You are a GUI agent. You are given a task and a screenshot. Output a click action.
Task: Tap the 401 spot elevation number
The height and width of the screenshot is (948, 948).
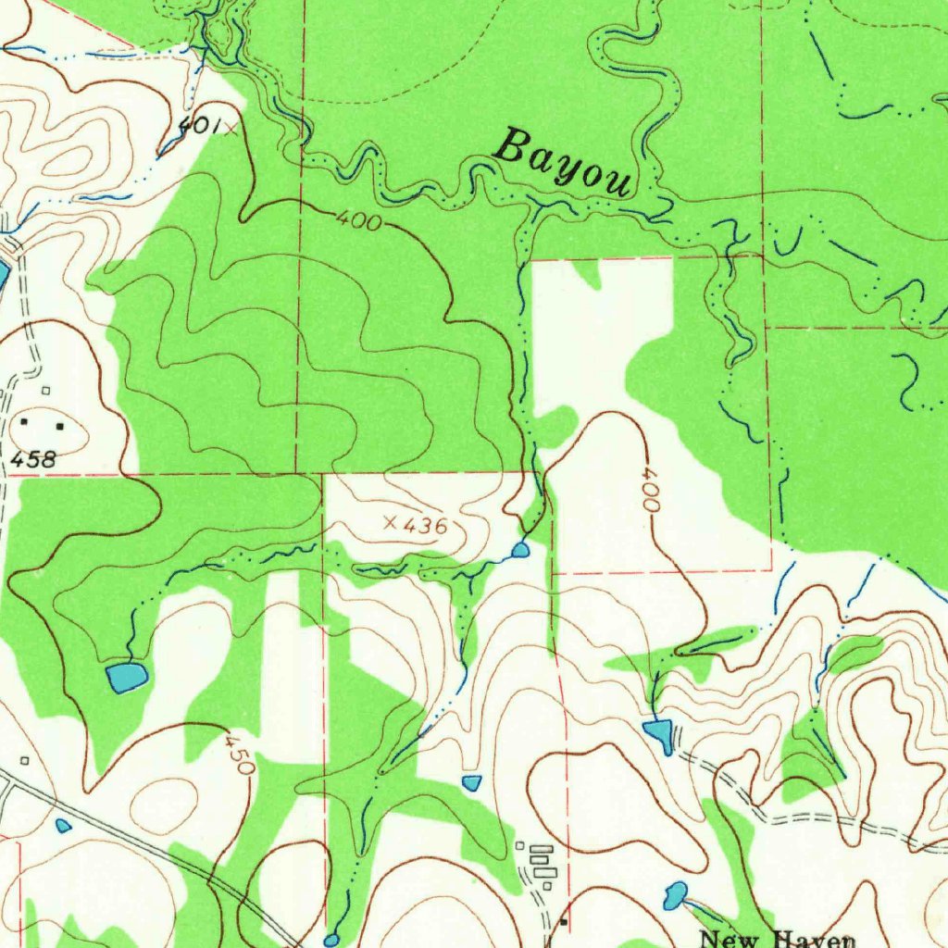(196, 127)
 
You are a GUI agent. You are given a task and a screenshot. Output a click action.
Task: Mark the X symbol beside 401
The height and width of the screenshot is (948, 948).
(229, 129)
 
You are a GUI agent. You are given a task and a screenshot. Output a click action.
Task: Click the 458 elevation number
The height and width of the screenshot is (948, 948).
(34, 458)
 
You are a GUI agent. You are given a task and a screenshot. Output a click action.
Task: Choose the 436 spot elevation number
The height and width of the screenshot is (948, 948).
(426, 527)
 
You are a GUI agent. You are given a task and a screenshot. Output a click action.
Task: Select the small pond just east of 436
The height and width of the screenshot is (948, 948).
(520, 551)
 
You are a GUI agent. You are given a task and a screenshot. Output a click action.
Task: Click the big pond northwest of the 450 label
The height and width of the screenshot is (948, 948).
(126, 677)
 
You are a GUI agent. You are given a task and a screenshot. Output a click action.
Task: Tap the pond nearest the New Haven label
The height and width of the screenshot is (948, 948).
(676, 894)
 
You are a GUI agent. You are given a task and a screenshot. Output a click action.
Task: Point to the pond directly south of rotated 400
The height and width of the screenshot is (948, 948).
(659, 734)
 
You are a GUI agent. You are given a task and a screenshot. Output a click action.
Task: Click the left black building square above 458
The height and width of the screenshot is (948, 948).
(25, 422)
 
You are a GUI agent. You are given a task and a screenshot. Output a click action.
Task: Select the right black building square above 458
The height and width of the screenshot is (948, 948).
(60, 427)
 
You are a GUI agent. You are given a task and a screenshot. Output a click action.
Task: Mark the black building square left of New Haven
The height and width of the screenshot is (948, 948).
(564, 922)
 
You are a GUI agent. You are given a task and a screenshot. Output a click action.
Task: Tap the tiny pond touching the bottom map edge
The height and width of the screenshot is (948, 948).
(331, 941)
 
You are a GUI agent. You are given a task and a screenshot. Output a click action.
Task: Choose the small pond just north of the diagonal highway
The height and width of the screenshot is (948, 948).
(63, 825)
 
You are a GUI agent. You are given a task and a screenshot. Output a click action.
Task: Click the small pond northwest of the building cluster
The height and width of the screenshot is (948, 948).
(472, 783)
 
